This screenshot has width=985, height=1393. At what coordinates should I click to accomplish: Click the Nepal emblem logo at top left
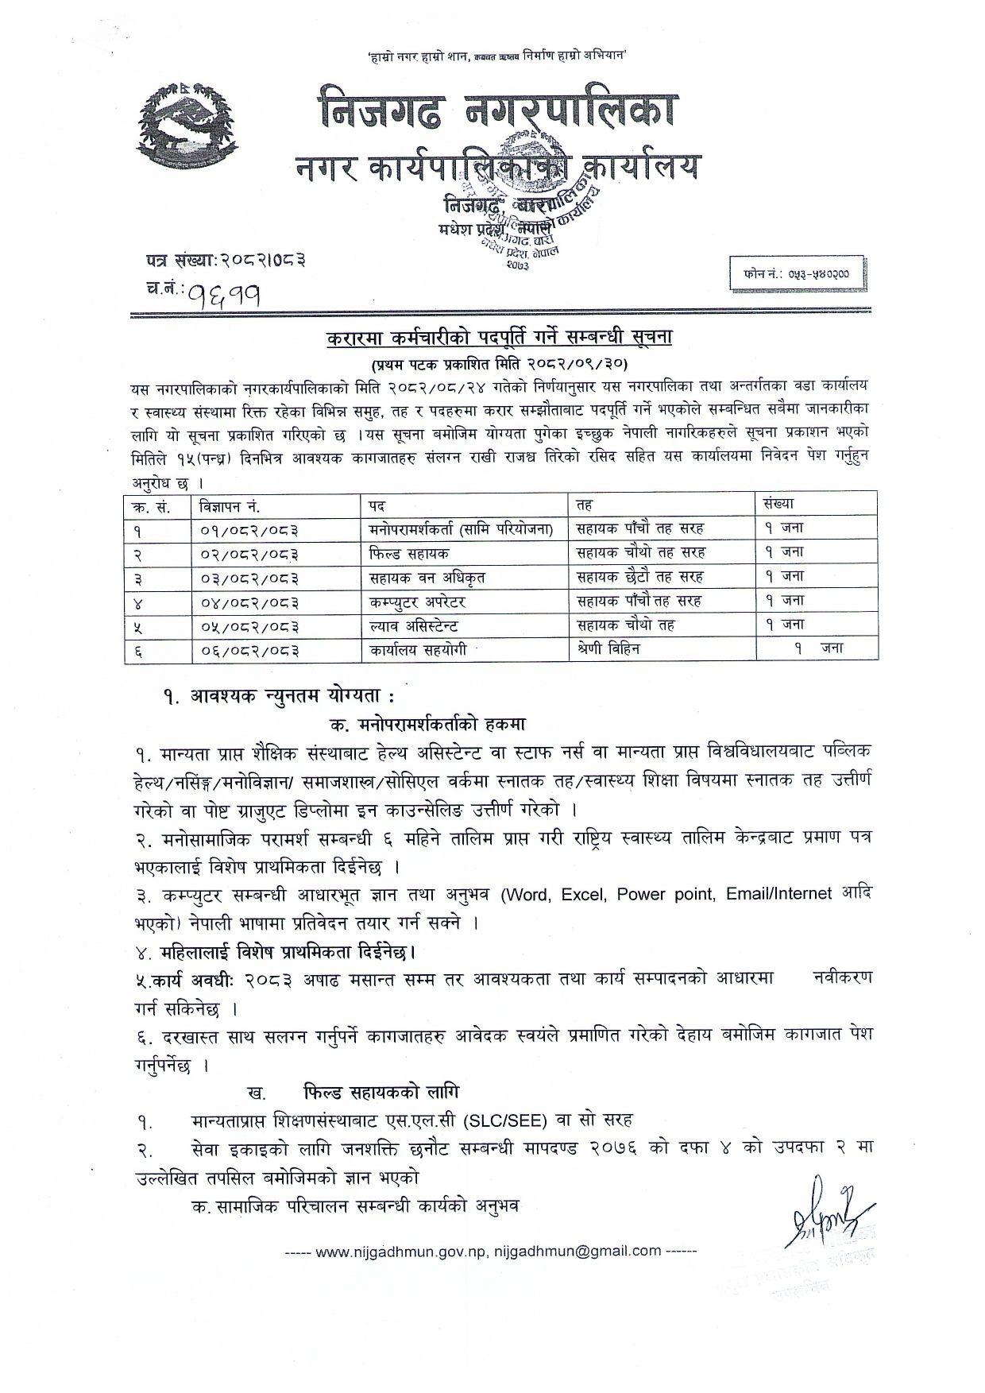187,125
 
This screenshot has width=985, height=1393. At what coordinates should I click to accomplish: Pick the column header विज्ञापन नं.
230,505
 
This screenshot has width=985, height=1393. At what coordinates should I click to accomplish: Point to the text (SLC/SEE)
506,1120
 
